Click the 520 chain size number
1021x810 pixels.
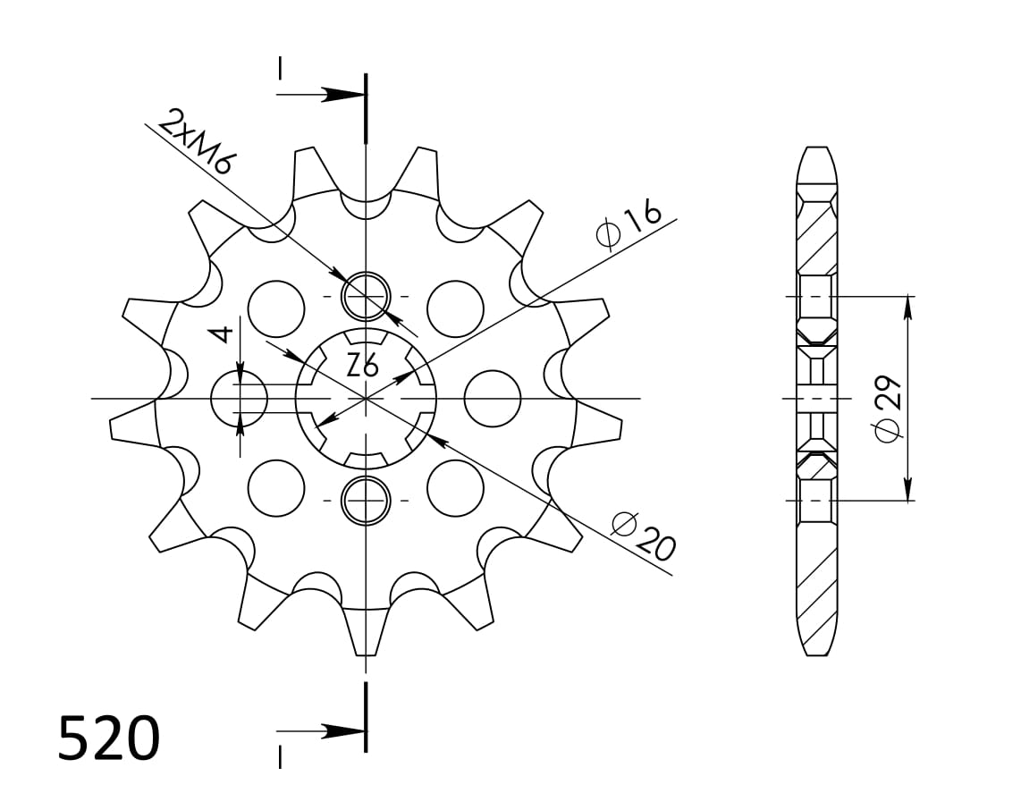click(x=108, y=739)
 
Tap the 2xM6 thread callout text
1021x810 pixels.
click(x=197, y=140)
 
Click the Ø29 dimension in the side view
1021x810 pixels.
click(x=889, y=407)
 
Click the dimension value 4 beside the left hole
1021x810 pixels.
click(x=221, y=334)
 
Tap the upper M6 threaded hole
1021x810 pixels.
click(x=366, y=295)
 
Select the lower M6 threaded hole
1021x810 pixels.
click(x=366, y=500)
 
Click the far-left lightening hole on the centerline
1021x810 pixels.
click(x=239, y=398)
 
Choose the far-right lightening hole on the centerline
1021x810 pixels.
click(x=493, y=398)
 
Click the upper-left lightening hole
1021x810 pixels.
click(x=276, y=308)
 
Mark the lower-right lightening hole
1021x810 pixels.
click(x=455, y=488)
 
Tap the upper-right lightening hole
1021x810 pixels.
click(x=455, y=308)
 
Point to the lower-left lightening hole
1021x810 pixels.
click(x=276, y=488)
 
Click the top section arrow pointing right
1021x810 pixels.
click(x=340, y=94)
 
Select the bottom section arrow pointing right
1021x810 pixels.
click(x=340, y=731)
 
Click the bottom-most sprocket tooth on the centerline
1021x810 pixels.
click(x=366, y=635)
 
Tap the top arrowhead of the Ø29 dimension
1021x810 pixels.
click(x=908, y=306)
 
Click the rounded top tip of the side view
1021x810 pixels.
click(x=815, y=151)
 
